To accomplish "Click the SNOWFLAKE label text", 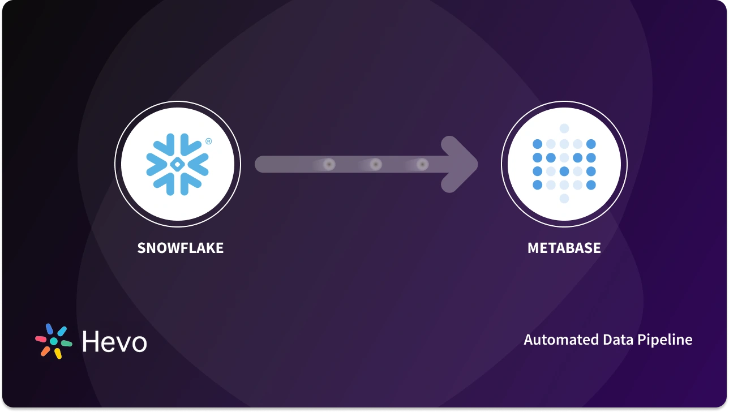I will tap(180, 248).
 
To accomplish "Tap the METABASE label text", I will tap(564, 248).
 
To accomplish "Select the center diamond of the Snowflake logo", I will tap(177, 164).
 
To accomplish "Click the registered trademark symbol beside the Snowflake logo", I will tap(208, 142).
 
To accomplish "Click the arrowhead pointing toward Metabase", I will tap(461, 164).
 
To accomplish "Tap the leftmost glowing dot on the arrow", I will tap(329, 164).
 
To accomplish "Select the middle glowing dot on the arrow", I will tap(375, 164).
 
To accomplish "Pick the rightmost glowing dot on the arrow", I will tap(422, 164).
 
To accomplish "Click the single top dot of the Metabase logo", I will tap(564, 128).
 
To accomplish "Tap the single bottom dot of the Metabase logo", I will tap(564, 198).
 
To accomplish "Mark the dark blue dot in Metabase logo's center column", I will tap(564, 171).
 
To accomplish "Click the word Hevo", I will tap(114, 342).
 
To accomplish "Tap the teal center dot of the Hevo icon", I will tap(54, 342).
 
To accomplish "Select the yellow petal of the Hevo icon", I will tap(58, 354).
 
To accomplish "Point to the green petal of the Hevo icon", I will tap(66, 343).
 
